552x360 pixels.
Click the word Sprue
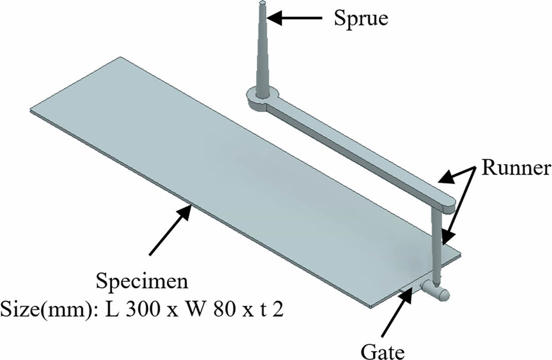coord(361,19)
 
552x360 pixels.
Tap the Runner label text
coord(516,168)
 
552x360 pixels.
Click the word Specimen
coord(142,282)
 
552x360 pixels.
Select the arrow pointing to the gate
coord(395,313)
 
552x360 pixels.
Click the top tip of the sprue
coord(263,3)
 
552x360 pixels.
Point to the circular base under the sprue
coord(261,100)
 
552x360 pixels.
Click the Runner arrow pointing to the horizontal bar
coord(456,174)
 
